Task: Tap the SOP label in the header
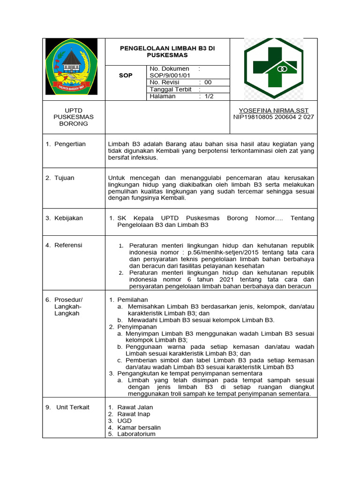[x=126, y=75]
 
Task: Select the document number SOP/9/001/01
[x=170, y=75]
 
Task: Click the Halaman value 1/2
[x=209, y=96]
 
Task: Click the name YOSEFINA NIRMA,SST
[x=274, y=110]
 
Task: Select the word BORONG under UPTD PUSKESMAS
[x=73, y=124]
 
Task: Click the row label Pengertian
[x=70, y=144]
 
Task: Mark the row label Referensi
[x=68, y=245]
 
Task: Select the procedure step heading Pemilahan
[x=133, y=300]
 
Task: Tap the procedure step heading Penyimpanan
[x=137, y=327]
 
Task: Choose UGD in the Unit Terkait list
[x=125, y=421]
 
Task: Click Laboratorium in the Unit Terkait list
[x=136, y=434]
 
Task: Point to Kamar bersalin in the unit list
[x=139, y=427]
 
